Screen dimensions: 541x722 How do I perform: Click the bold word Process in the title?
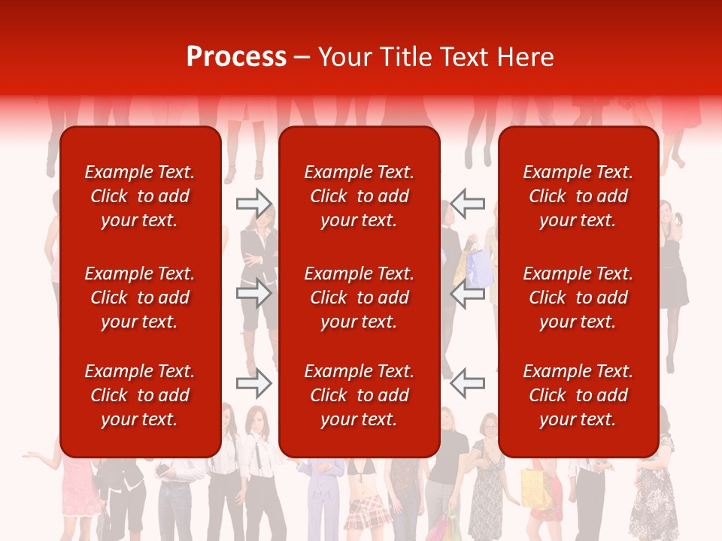tap(236, 57)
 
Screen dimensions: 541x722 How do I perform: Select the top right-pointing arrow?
tap(254, 203)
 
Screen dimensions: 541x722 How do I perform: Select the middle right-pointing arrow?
tap(254, 293)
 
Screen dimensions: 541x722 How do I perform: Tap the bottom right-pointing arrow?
tap(254, 384)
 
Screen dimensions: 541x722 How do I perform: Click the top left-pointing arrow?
tap(468, 203)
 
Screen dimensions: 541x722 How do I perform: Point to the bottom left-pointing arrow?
tap(468, 384)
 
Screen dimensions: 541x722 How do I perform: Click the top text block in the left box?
tap(140, 196)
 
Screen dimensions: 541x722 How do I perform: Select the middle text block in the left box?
tap(140, 298)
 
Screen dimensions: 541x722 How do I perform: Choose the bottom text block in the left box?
tap(140, 395)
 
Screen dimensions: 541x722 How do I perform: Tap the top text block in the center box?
tap(359, 196)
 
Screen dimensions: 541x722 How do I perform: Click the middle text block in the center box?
tap(359, 298)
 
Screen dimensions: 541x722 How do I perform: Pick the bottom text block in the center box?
tap(359, 395)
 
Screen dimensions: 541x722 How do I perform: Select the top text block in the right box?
tap(578, 196)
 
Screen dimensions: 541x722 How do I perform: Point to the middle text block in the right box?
tap(578, 298)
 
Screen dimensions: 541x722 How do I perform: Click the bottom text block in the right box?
tap(578, 395)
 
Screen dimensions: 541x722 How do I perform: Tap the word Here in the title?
tap(526, 57)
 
